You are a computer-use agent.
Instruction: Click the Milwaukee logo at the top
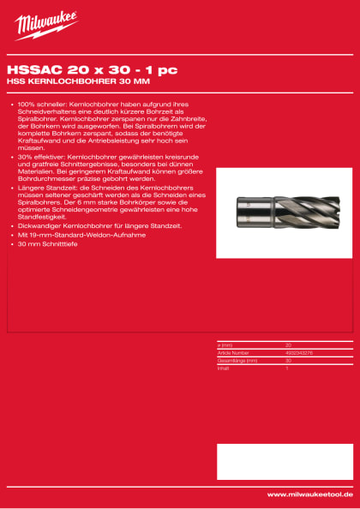click(46, 26)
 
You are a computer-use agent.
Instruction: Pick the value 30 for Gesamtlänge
click(288, 359)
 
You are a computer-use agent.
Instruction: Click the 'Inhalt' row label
click(224, 366)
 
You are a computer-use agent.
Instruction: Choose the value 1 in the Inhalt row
click(286, 366)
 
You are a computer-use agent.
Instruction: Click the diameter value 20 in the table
click(288, 345)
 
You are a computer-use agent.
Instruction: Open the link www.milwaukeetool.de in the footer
click(309, 494)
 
